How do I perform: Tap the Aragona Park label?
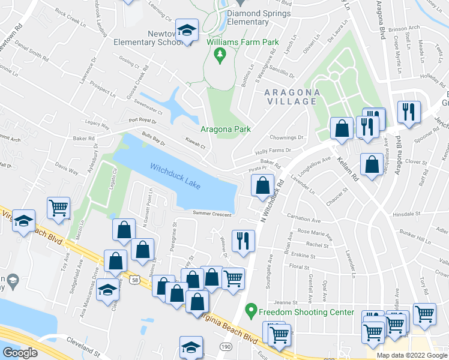tap(225, 129)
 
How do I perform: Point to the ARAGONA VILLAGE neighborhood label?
tap(291, 96)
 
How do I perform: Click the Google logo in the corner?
tap(20, 353)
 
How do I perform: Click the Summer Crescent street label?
tap(212, 213)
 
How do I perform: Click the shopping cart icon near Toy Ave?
tap(59, 208)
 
